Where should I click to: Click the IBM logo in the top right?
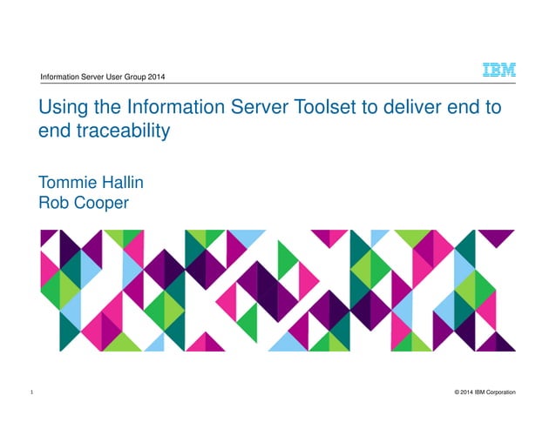click(x=499, y=71)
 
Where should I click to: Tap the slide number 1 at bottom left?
click(x=31, y=394)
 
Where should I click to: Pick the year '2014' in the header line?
click(x=154, y=78)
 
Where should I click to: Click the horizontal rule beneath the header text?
click(x=261, y=84)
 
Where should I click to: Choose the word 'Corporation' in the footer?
click(x=499, y=394)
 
